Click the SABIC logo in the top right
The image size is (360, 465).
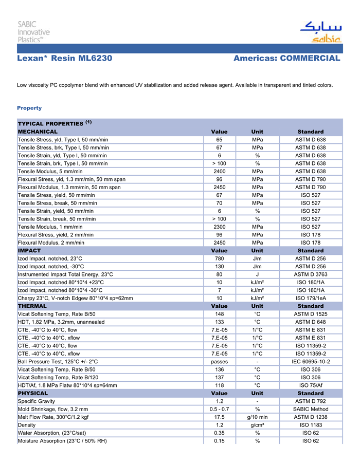tap(320, 32)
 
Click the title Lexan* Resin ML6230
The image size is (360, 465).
tap(64, 59)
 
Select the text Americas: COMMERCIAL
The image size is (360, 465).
tap(286, 59)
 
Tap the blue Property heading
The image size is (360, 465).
tap(29, 108)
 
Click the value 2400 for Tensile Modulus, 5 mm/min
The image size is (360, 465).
tap(220, 171)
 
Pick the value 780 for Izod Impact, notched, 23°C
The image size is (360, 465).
tap(220, 258)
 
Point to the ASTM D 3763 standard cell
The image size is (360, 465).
tap(311, 274)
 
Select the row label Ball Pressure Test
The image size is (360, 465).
tap(58, 362)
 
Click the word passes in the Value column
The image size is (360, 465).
tap(220, 362)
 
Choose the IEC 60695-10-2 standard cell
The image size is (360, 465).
tap(311, 362)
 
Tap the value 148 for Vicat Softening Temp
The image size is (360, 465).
tap(220, 314)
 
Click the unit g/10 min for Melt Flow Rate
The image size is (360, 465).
tap(257, 417)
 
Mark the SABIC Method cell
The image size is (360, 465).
tap(311, 409)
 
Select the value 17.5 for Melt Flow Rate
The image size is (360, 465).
tap(220, 417)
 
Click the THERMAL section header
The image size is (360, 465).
tap(32, 306)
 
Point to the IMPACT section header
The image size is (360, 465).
tap(29, 251)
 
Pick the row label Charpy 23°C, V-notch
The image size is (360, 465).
tap(75, 298)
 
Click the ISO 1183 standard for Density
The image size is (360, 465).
tap(311, 425)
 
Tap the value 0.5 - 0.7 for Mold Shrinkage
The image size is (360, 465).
tap(220, 409)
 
